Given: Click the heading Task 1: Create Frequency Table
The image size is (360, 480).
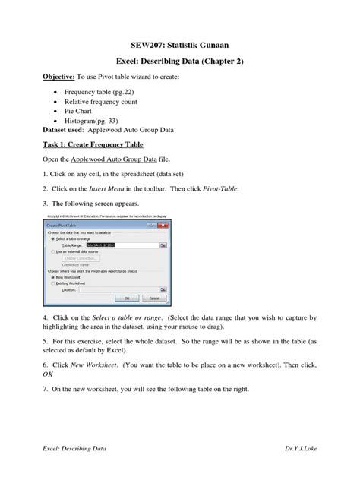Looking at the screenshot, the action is [93, 144].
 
